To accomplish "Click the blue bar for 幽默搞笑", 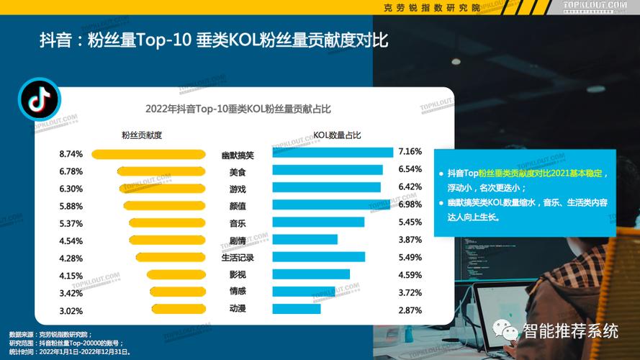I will pos(333,152).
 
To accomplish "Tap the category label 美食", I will pos(238,172).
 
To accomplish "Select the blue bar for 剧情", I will pos(305,240).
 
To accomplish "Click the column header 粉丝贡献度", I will pos(142,135).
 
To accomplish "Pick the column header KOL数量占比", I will pos(337,135).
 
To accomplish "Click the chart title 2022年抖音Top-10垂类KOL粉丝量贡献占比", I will pos(238,109).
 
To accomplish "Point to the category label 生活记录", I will pos(238,258).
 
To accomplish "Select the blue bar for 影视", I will pos(311,274).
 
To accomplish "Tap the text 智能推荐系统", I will pos(570,331).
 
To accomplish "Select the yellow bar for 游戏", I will pos(162,188).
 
